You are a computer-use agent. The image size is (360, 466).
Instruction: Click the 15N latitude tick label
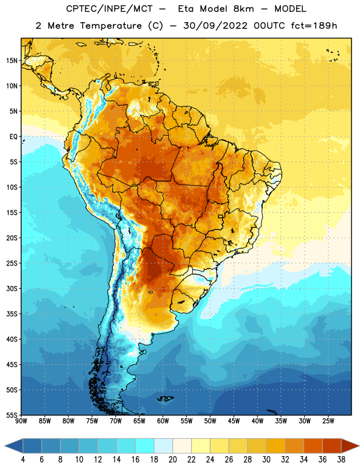(12, 61)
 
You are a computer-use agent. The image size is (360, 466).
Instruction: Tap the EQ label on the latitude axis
(13, 137)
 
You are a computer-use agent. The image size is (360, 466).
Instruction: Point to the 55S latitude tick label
(12, 415)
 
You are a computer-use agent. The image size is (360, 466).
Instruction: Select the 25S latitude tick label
(12, 263)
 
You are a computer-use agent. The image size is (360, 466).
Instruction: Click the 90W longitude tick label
(21, 421)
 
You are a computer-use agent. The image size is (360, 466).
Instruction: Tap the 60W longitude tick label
(163, 421)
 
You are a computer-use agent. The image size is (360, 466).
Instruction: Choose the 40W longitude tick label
(257, 421)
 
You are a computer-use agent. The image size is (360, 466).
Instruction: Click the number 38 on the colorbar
(341, 460)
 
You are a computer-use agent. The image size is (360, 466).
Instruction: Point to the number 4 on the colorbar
(23, 460)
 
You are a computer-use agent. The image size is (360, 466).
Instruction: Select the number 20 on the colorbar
(172, 460)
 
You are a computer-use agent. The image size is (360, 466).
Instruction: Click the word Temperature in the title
(111, 26)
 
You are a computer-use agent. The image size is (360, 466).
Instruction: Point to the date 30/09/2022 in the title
(215, 26)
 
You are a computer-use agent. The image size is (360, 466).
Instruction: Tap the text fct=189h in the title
(314, 26)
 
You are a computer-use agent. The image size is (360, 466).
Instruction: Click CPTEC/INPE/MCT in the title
(109, 9)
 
